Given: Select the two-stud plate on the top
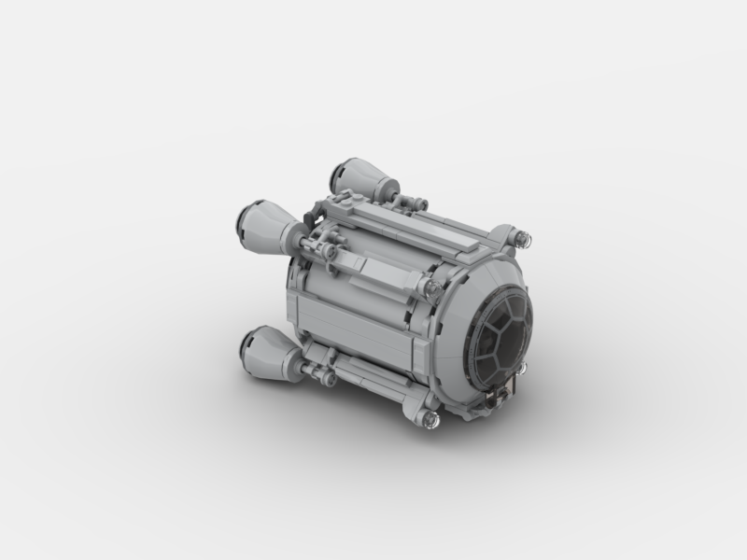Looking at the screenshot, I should [x=349, y=199].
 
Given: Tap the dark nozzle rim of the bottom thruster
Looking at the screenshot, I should [x=247, y=347].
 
